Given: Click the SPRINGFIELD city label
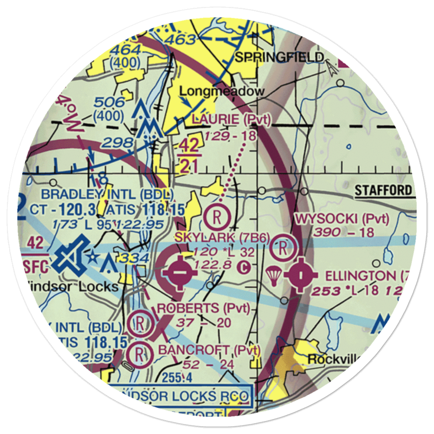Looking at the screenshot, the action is tap(279, 57).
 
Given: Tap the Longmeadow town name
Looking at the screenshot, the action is tap(222, 91).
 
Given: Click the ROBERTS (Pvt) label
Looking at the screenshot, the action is tap(204, 308).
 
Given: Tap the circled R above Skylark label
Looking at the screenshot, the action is tap(217, 216).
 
